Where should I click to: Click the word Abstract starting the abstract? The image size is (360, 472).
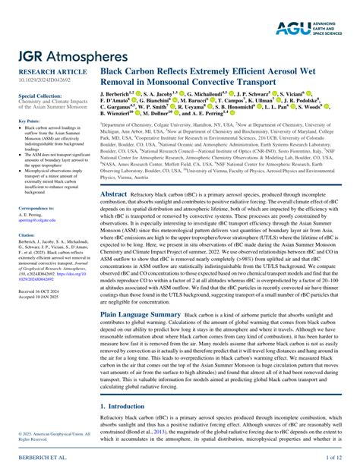coord(113,195)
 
